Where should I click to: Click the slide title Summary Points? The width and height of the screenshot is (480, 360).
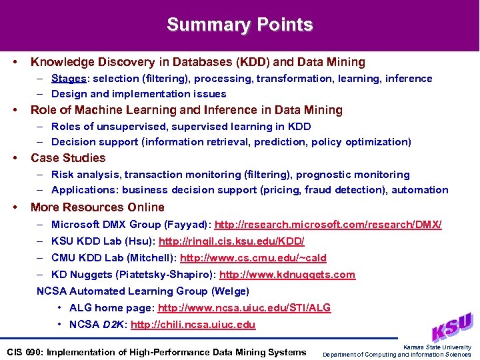point(240,25)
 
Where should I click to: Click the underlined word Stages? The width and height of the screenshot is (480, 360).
point(68,79)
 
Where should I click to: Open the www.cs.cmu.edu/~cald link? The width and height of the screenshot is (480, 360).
point(253,258)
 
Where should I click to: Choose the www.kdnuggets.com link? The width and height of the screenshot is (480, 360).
point(287,275)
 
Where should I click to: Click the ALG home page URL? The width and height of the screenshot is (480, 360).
point(244,308)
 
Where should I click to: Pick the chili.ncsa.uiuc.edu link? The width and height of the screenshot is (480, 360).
point(193,325)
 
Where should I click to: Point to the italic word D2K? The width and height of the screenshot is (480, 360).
point(115,325)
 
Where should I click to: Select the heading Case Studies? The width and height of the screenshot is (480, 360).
point(68,158)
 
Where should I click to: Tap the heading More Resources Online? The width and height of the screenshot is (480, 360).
point(97,207)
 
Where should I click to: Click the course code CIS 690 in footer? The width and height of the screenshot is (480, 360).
point(25,352)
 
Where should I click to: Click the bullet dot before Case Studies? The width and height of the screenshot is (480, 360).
point(15,158)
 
